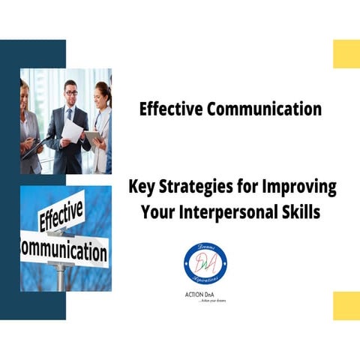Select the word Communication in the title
[259, 109]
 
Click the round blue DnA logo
[205, 263]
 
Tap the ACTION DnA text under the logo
[205, 294]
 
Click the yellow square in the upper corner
[346, 54]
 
